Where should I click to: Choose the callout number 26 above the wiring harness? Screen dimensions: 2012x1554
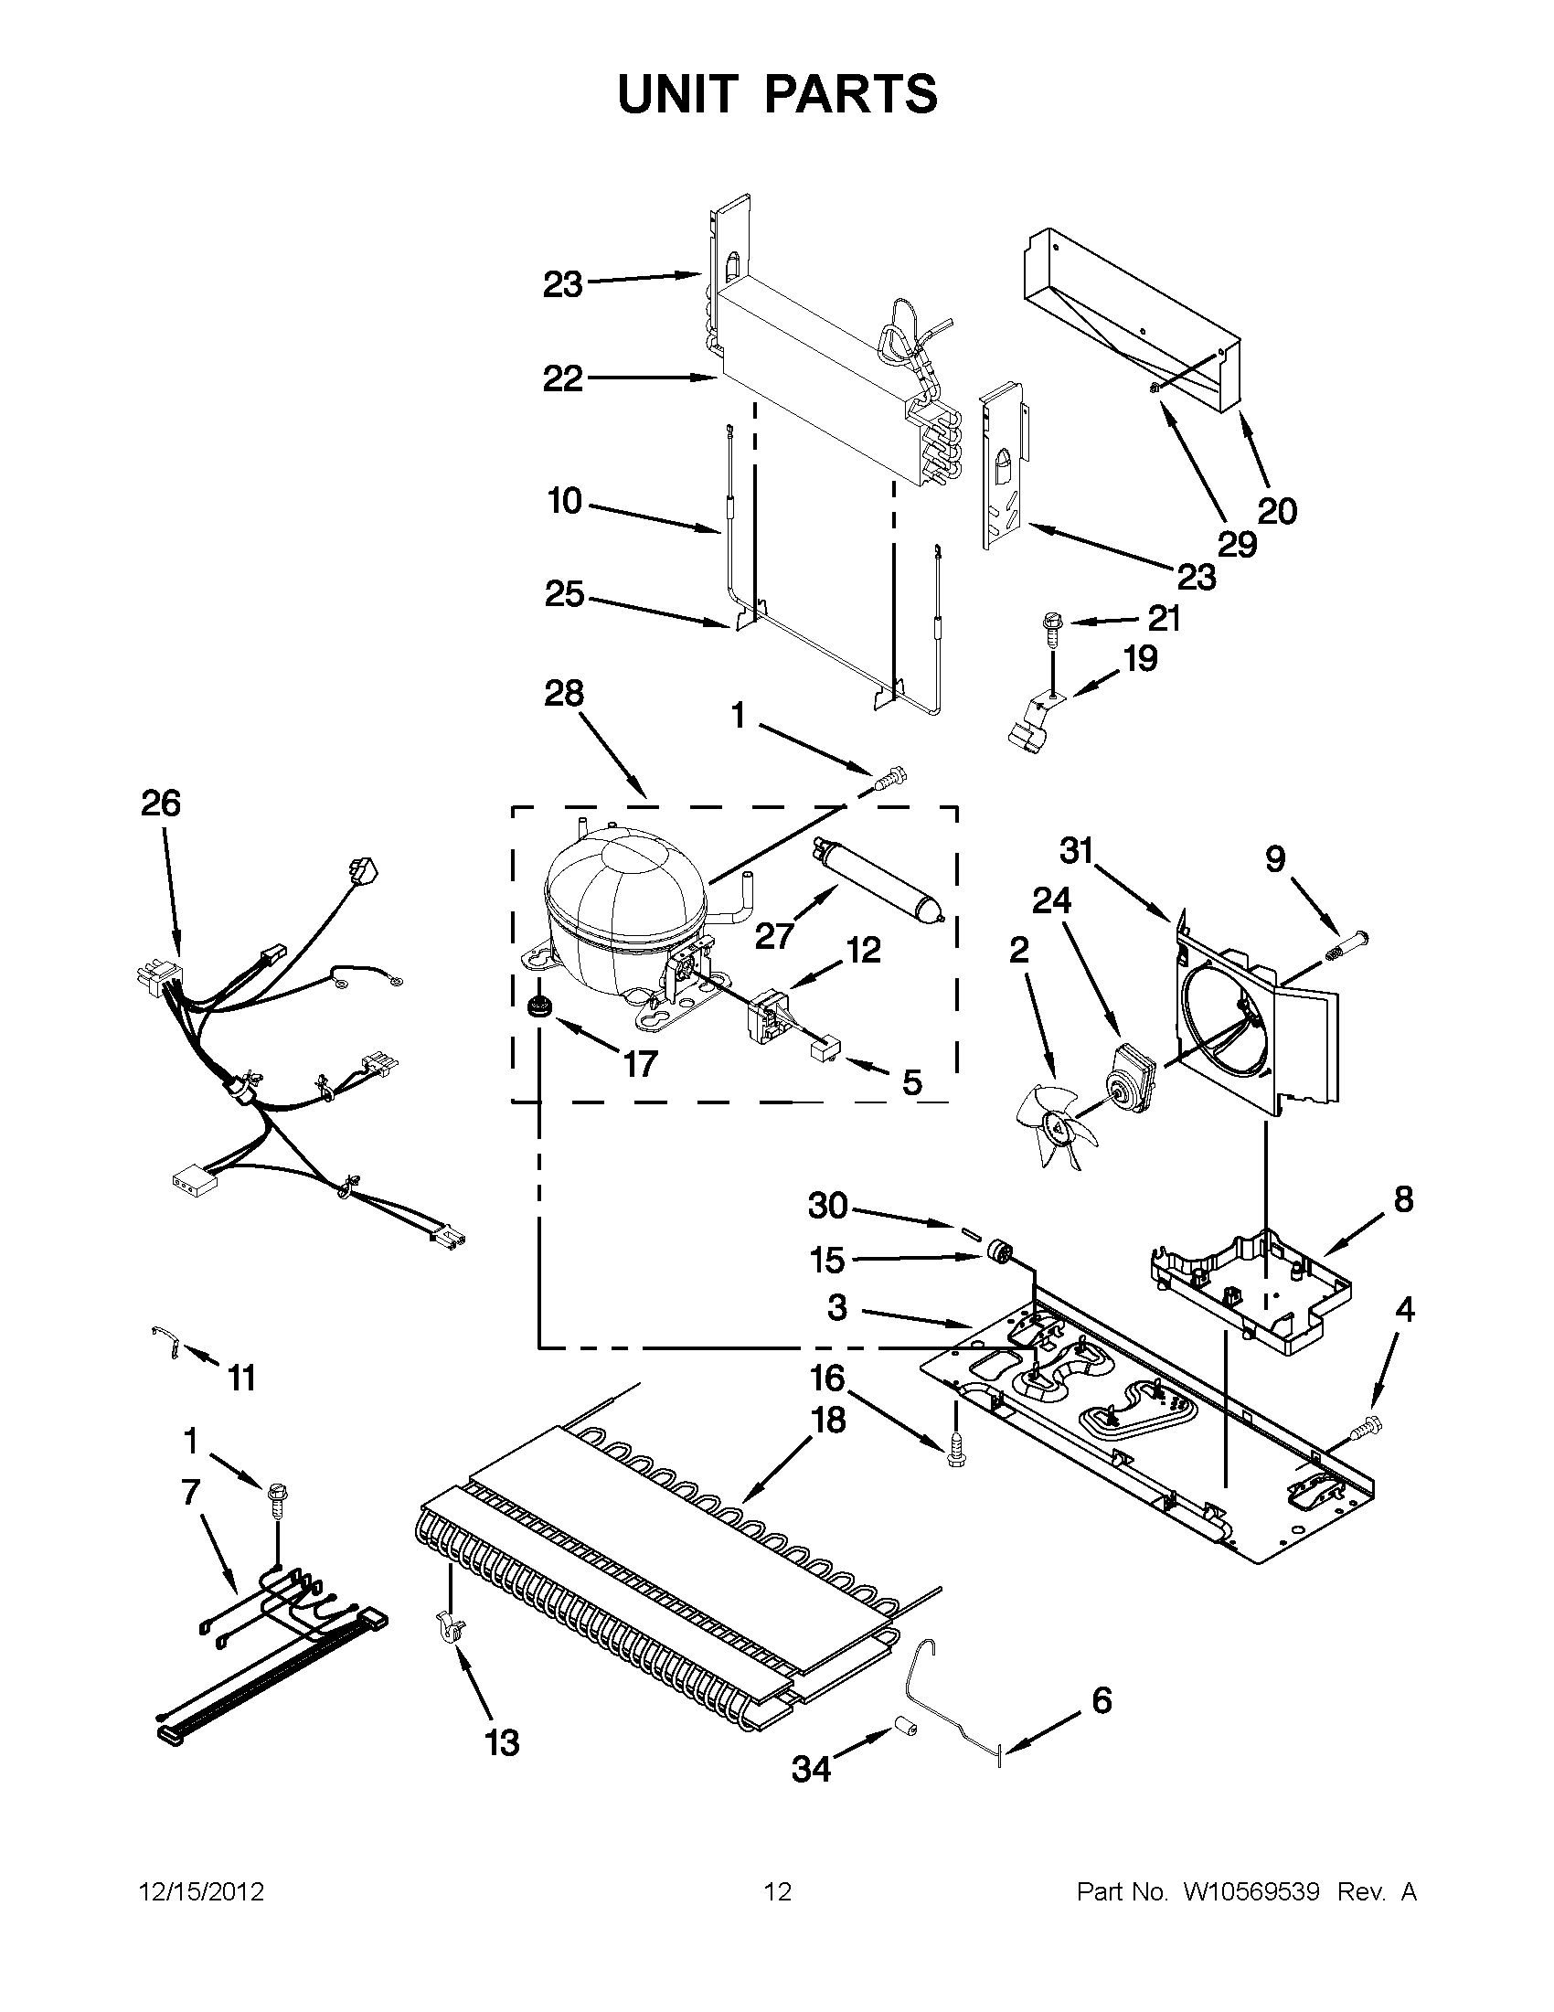[x=160, y=804]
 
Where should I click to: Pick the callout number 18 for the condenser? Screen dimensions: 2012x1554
[x=828, y=1420]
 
